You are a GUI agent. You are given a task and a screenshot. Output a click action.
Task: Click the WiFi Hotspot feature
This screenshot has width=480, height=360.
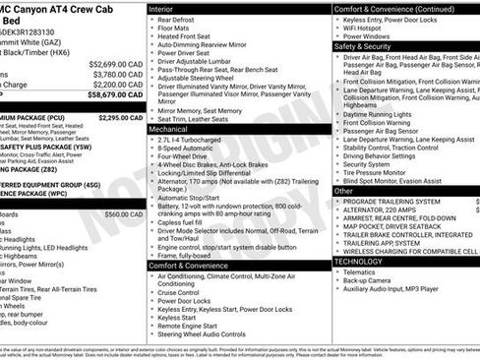pos(368,28)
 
